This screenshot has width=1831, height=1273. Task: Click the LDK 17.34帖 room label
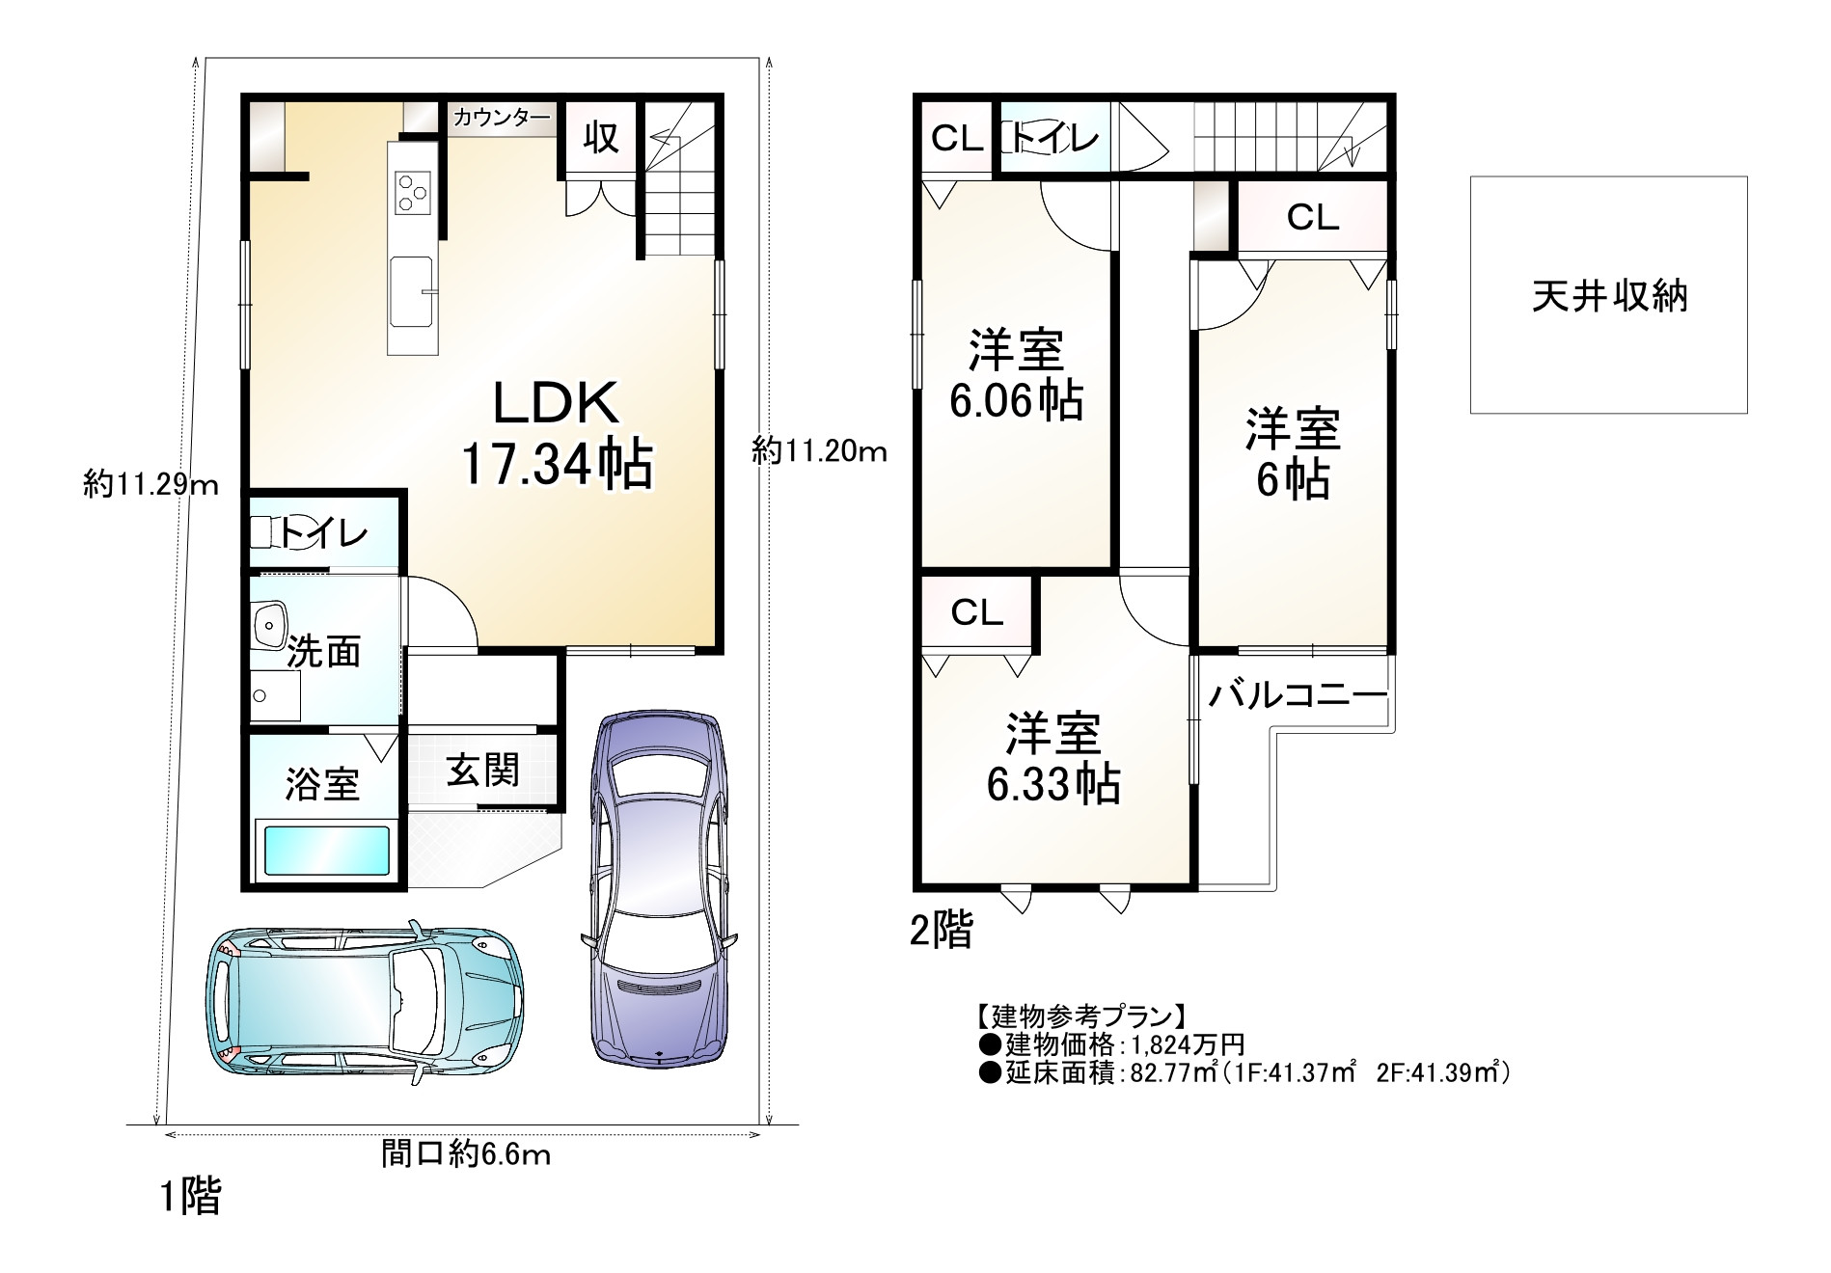[558, 434]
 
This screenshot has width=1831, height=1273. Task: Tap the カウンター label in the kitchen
[502, 119]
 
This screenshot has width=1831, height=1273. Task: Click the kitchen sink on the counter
[411, 290]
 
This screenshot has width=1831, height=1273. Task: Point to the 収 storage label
[601, 137]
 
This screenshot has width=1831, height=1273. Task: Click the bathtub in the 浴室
[326, 850]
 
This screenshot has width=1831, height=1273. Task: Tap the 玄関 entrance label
[482, 770]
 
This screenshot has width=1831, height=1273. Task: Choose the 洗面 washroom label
[325, 651]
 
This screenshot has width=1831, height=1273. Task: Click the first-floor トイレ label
[324, 532]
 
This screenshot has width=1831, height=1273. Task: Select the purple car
[660, 888]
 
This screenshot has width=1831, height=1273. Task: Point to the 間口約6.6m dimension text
[465, 1153]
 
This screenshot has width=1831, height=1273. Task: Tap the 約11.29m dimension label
[151, 484]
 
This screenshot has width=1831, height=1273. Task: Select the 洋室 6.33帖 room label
[1053, 759]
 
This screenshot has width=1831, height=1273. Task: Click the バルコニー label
[1297, 694]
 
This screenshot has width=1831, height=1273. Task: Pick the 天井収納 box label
[1610, 296]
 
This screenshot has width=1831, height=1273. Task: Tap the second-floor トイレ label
[1054, 139]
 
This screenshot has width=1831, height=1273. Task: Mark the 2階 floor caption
[943, 930]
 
